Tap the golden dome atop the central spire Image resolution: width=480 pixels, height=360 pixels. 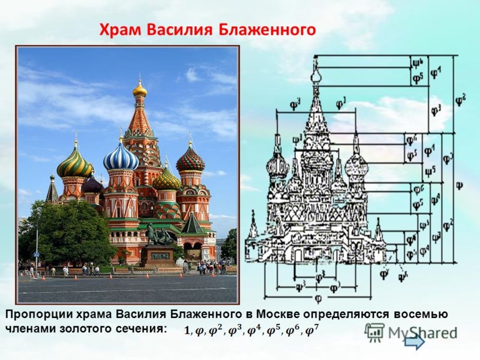click(x=140, y=90)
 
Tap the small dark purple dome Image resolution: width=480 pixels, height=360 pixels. click(x=92, y=184)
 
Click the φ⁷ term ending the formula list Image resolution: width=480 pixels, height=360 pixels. click(x=312, y=329)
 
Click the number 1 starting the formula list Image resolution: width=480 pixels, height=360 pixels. click(x=188, y=330)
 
